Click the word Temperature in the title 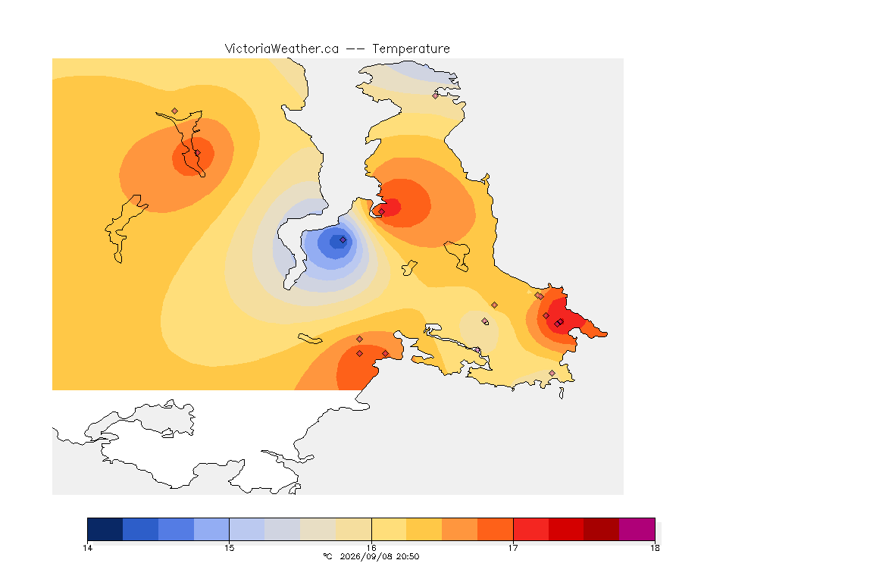(411, 49)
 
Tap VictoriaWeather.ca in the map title (282, 49)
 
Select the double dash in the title (355, 49)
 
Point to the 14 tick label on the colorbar (87, 548)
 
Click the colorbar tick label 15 (230, 548)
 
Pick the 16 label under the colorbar (371, 548)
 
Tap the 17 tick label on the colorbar (513, 548)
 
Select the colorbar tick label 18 (655, 548)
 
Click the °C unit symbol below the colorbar (327, 556)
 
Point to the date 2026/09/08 (365, 556)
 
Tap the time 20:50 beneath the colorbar (408, 556)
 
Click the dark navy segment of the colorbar (105, 529)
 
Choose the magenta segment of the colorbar (637, 529)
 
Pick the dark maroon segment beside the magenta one (601, 529)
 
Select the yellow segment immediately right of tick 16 (390, 529)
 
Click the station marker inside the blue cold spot (343, 240)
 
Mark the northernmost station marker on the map (436, 95)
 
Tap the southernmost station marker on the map (552, 373)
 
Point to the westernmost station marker (175, 111)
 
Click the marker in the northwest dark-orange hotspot (197, 153)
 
